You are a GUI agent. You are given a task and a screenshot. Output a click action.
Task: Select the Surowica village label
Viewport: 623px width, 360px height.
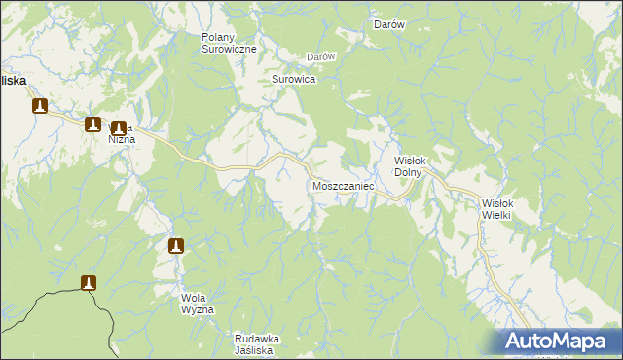pyautogui.click(x=293, y=79)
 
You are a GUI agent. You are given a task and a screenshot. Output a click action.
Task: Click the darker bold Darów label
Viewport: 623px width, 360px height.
pyautogui.click(x=389, y=25)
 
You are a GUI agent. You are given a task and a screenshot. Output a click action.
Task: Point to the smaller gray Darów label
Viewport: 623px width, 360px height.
pyautogui.click(x=321, y=56)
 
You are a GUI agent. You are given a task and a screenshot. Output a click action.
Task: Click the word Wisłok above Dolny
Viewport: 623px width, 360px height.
pyautogui.click(x=410, y=162)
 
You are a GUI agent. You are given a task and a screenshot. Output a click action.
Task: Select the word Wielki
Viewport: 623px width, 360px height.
pyautogui.click(x=496, y=215)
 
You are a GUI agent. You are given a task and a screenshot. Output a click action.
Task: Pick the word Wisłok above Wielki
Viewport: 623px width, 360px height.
pyautogui.click(x=497, y=203)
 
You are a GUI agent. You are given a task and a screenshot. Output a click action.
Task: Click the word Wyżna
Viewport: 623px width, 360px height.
pyautogui.click(x=197, y=308)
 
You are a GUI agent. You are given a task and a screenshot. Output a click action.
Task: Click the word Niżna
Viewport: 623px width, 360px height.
pyautogui.click(x=123, y=139)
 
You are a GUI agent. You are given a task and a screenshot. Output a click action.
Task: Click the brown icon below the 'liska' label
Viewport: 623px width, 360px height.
pyautogui.click(x=40, y=106)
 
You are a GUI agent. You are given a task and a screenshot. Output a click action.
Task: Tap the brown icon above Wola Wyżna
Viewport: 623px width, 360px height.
pyautogui.click(x=176, y=246)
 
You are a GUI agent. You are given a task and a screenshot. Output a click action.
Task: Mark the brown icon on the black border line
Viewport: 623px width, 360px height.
pyautogui.click(x=89, y=282)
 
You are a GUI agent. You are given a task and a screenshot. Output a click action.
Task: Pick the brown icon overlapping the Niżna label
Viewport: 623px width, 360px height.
pyautogui.click(x=119, y=127)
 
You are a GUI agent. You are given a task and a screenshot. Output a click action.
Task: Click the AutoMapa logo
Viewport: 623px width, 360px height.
pyautogui.click(x=558, y=342)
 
